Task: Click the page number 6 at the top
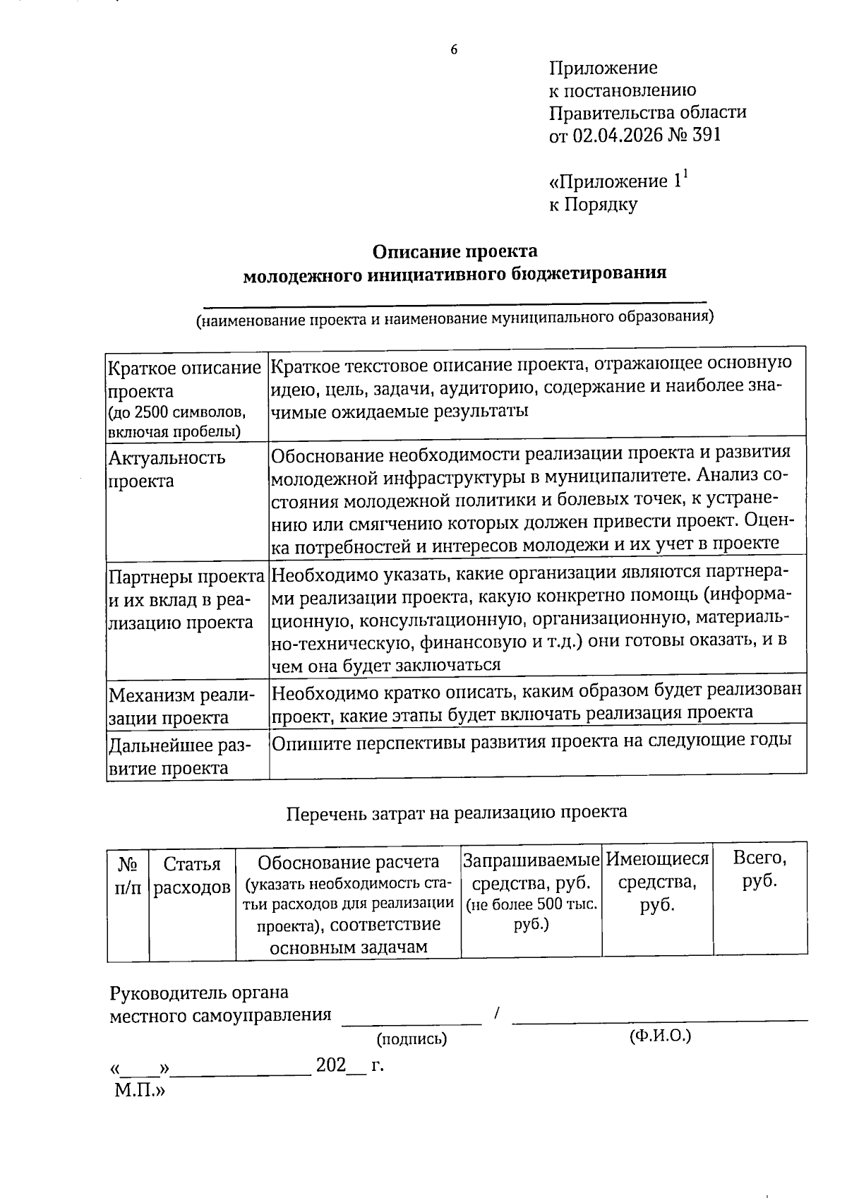pyautogui.click(x=454, y=49)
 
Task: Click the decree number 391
pyautogui.click(x=707, y=135)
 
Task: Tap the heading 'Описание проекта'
pyautogui.click(x=455, y=251)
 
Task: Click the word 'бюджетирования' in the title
pyautogui.click(x=592, y=273)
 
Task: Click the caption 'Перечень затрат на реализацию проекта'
pyautogui.click(x=457, y=813)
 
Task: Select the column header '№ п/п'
pyautogui.click(x=128, y=876)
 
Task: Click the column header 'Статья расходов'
pyautogui.click(x=192, y=876)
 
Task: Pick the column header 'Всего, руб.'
pyautogui.click(x=759, y=869)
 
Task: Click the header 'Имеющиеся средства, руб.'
pyautogui.click(x=657, y=882)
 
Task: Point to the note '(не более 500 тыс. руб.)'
pyautogui.click(x=531, y=914)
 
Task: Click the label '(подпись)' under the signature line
pyautogui.click(x=412, y=1038)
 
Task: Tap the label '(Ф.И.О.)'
pyautogui.click(x=659, y=1036)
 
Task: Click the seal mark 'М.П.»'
pyautogui.click(x=139, y=1091)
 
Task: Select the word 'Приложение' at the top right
pyautogui.click(x=603, y=68)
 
